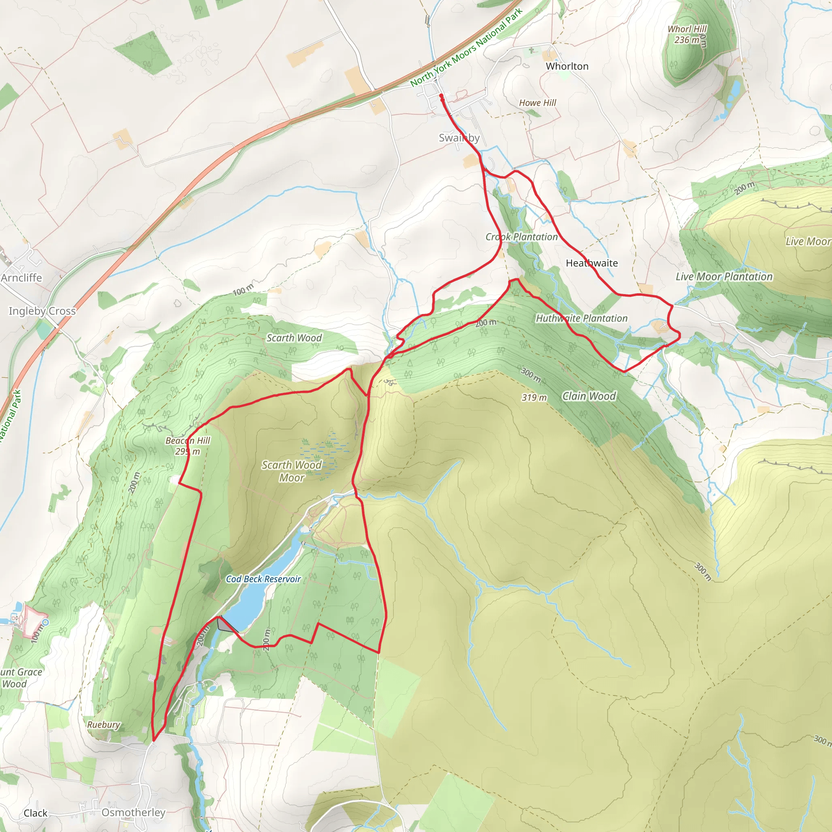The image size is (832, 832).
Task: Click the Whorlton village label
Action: (x=567, y=66)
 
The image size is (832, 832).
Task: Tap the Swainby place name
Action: (x=459, y=138)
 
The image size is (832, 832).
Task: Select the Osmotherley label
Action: (x=133, y=812)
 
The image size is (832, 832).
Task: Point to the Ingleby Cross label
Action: (x=42, y=311)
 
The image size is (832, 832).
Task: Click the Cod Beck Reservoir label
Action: (x=263, y=579)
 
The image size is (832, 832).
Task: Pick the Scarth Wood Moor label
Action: (x=292, y=471)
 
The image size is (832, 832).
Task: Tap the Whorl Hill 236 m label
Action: (x=687, y=35)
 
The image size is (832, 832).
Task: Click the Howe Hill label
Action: (x=537, y=103)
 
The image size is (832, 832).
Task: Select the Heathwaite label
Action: (x=591, y=263)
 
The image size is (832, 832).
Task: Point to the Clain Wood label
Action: (x=589, y=396)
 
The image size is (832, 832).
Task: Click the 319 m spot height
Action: (x=534, y=397)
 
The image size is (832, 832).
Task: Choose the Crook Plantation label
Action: (x=522, y=237)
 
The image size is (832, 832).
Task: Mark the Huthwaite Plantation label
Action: (x=581, y=318)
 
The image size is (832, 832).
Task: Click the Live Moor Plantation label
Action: (x=724, y=277)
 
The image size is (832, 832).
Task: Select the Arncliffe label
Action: (x=21, y=278)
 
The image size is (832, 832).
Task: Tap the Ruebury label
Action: (x=103, y=724)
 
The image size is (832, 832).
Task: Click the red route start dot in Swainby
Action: (x=442, y=96)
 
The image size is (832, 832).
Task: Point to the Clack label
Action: (x=35, y=813)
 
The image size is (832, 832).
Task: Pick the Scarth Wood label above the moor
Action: (x=294, y=338)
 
